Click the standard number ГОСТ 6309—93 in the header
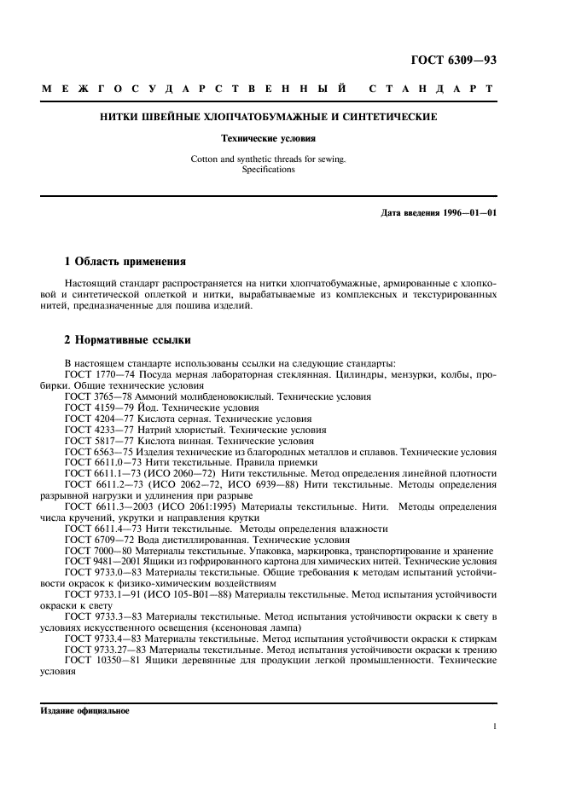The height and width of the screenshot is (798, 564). [453, 60]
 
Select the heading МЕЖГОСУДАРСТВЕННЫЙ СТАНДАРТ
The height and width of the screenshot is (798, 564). [267, 89]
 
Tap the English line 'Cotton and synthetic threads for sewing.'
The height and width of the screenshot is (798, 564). [268, 159]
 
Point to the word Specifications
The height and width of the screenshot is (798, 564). [267, 169]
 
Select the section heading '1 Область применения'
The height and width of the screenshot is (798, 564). [125, 261]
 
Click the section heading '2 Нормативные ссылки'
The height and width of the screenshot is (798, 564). [129, 339]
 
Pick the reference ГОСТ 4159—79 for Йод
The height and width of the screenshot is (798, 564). [96, 408]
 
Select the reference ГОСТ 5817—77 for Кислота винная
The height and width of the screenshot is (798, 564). [96, 441]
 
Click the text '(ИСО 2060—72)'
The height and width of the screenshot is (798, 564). [176, 474]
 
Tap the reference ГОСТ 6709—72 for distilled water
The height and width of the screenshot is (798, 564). [96, 540]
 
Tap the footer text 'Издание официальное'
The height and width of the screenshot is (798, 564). [84, 710]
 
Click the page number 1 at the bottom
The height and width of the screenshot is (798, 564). [494, 726]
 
